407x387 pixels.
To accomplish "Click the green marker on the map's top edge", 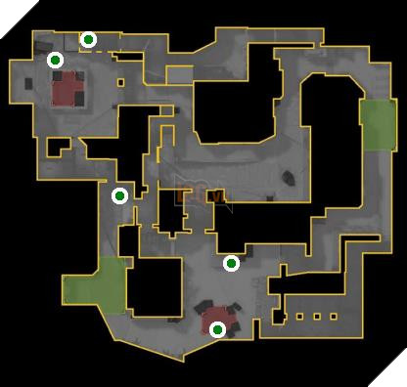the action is pos(88,39).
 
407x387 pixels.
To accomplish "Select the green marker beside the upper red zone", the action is pos(56,60).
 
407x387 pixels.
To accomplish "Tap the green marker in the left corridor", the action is pos(119,195).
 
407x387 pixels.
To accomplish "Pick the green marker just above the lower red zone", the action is pos(231,263).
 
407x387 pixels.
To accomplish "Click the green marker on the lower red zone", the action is pos(217,330).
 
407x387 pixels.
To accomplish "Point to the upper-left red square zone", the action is pos(67,91).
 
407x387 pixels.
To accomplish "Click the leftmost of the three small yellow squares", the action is pos(298,317).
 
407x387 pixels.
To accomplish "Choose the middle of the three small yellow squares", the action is pos(315,317).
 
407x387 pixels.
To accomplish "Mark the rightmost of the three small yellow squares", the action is pos(332,317).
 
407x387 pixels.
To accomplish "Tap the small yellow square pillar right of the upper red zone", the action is pos(120,82).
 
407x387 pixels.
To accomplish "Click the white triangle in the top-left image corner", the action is pos(6,6).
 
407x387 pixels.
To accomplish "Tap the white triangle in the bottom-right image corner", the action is pos(400,380).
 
